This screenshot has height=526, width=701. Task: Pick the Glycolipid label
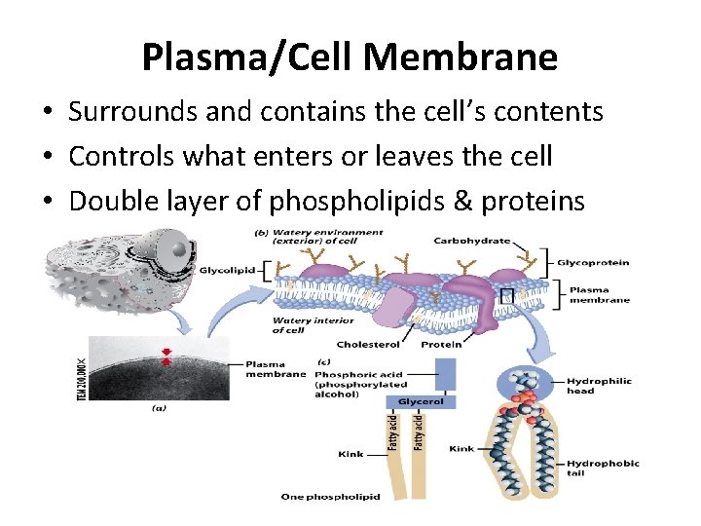(228, 270)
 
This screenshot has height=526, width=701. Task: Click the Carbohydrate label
(471, 240)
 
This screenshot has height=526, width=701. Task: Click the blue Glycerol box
(422, 401)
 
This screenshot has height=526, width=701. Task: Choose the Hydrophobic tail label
(603, 469)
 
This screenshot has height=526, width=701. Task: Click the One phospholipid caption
(330, 497)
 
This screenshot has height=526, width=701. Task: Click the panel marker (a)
(158, 408)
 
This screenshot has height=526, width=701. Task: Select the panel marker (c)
(325, 362)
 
